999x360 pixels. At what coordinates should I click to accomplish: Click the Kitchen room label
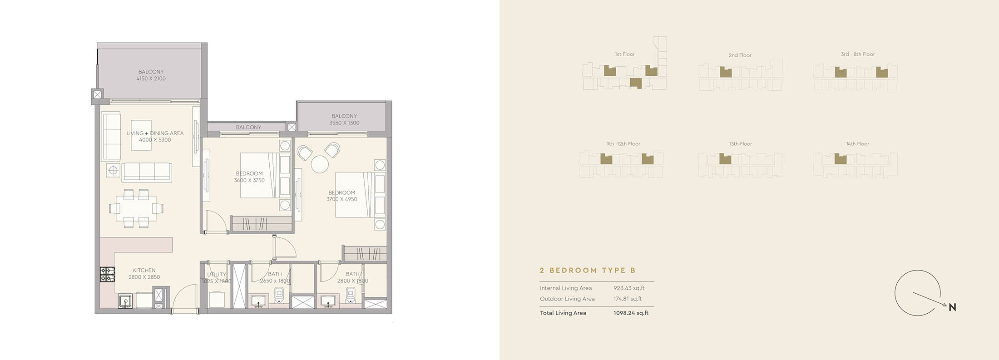coord(144,273)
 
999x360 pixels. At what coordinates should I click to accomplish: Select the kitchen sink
coord(125,301)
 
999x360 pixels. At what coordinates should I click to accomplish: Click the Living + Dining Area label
coord(155,136)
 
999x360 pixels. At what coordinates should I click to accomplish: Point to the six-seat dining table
coord(136,208)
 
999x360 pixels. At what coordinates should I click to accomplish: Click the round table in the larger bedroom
coord(320,164)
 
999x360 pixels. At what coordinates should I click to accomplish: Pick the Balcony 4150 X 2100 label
coord(151,75)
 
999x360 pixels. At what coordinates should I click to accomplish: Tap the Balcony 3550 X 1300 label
coord(344,119)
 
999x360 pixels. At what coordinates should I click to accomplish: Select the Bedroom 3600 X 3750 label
coord(249,177)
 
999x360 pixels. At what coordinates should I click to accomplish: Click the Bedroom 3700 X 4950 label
coord(342,196)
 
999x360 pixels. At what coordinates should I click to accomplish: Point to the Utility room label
coord(217,277)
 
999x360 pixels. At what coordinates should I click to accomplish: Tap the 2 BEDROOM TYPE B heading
coord(588,270)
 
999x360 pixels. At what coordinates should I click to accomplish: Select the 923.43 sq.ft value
coord(629,288)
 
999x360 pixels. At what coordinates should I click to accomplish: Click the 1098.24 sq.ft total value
coord(631,313)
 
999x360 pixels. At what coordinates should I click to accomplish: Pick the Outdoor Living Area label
coord(567,299)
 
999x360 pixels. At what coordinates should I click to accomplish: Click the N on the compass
coord(952,307)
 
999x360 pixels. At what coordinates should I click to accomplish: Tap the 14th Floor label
coord(857,144)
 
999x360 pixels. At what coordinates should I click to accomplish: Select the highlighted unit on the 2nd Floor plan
coord(726,72)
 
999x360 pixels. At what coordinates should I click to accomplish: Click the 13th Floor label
coord(740,144)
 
